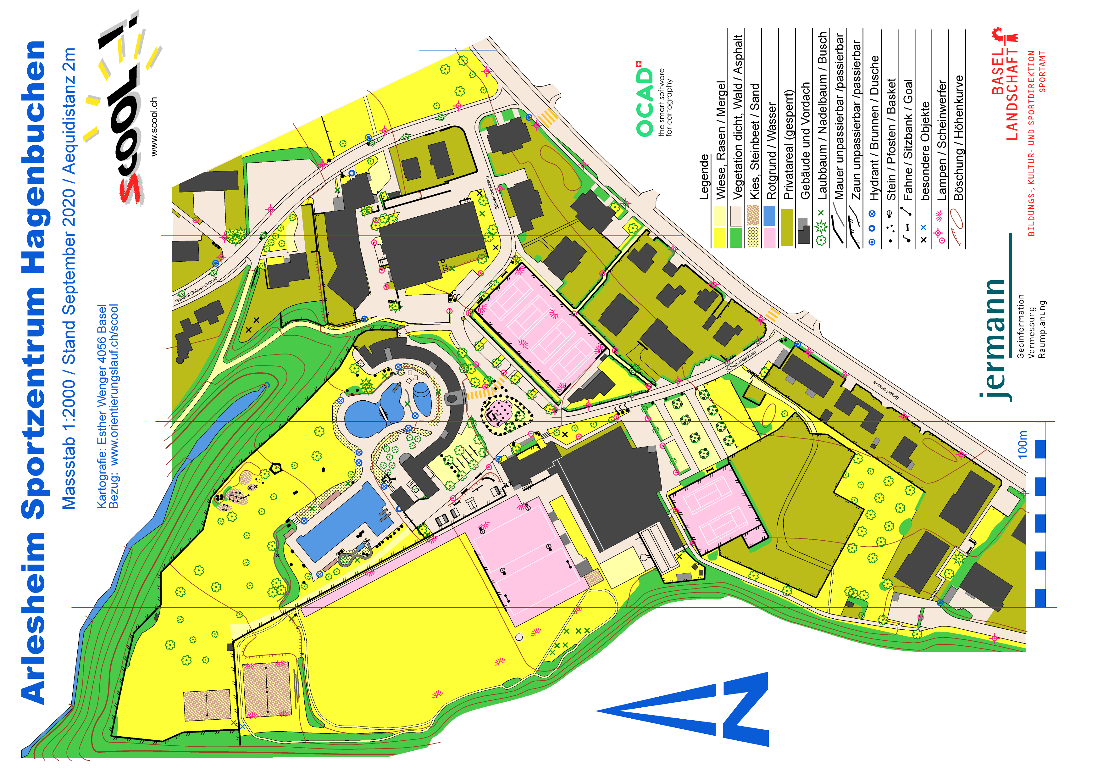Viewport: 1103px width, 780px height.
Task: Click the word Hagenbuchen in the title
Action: (x=34, y=159)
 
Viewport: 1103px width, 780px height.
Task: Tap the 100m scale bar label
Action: (x=1022, y=444)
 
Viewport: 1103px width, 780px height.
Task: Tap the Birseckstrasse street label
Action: (x=885, y=390)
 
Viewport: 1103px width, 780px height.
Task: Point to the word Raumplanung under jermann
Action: (x=1041, y=329)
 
